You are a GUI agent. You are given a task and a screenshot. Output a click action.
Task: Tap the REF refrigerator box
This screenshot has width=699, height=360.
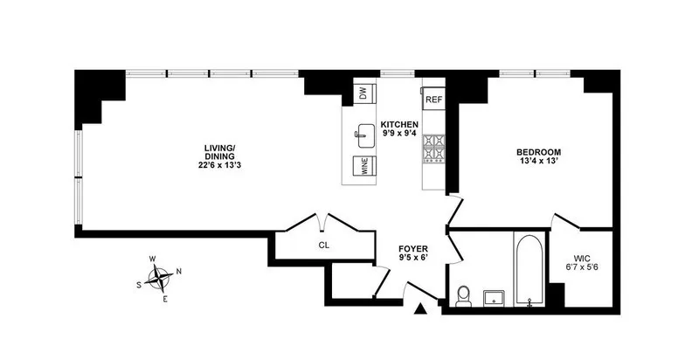pos(434,100)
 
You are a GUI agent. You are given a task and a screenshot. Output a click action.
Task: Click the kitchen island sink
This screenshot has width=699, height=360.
pos(363,134)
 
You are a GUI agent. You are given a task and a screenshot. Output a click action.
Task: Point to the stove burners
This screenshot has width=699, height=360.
pos(434,149)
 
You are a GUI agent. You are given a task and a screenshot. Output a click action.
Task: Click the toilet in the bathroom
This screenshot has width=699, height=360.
pos(464,296)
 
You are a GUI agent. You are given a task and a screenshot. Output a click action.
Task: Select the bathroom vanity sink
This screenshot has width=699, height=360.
pos(495,297)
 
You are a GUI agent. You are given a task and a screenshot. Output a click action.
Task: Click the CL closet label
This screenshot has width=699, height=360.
pos(323,246)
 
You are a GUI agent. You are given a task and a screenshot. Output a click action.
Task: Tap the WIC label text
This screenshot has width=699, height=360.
pos(582,259)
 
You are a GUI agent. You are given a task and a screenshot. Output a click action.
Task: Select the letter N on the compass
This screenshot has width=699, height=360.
pos(178,271)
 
